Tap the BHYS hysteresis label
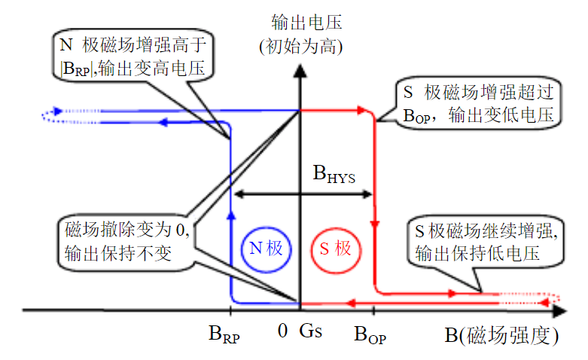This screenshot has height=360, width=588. pyautogui.click(x=334, y=175)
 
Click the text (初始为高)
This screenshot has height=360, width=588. pyautogui.click(x=300, y=46)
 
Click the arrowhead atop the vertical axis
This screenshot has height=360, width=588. pyautogui.click(x=300, y=69)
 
